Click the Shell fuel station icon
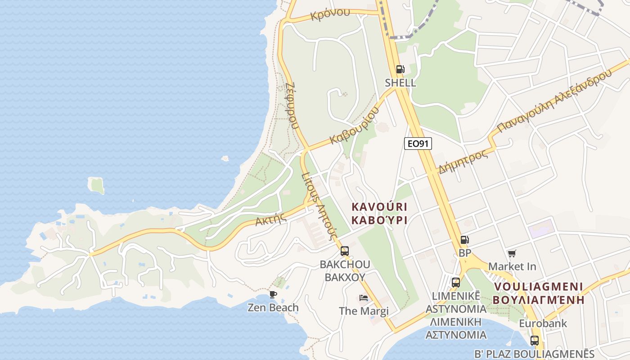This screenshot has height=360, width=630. pos(400,69)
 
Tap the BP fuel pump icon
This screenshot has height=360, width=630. pos(464,240)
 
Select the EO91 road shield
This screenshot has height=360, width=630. pos(418,144)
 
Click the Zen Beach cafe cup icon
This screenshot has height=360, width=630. pos(273,294)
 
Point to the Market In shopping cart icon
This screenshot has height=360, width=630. pos(512,254)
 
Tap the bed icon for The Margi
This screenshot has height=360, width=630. pos(364,298)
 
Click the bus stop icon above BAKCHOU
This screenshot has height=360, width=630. pos(344,251)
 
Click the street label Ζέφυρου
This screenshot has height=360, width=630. pos(292,105)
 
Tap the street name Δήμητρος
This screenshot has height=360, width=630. pos(463,162)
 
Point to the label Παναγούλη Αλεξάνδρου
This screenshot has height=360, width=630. pos(556,102)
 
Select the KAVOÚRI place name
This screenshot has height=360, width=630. pos(379,207)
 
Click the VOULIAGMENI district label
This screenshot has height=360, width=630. pos(538,287)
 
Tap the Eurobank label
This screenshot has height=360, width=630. pos(543,324)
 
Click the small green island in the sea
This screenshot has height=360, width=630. pos(96,185)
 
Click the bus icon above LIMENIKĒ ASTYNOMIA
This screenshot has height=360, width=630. pos(455,283)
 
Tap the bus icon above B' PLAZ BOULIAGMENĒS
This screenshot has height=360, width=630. pos(534,340)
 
